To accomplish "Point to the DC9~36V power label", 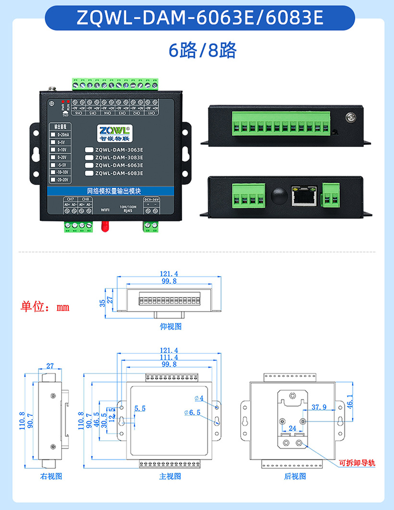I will click(151, 199).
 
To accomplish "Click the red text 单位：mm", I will click(45, 306).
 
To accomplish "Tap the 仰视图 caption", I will click(171, 326).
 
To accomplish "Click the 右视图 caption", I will click(51, 476).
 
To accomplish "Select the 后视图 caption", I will click(295, 476).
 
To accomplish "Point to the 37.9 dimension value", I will click(319, 407).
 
